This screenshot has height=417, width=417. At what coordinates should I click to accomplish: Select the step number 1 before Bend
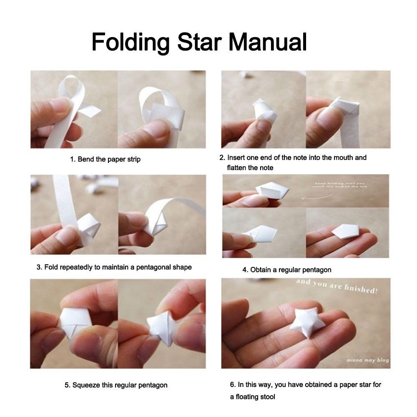pos(72,159)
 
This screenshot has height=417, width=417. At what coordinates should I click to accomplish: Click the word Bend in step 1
pos(86,159)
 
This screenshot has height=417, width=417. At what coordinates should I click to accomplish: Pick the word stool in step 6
pos(266,397)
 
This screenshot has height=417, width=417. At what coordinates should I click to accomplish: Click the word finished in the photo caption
pos(362,288)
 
